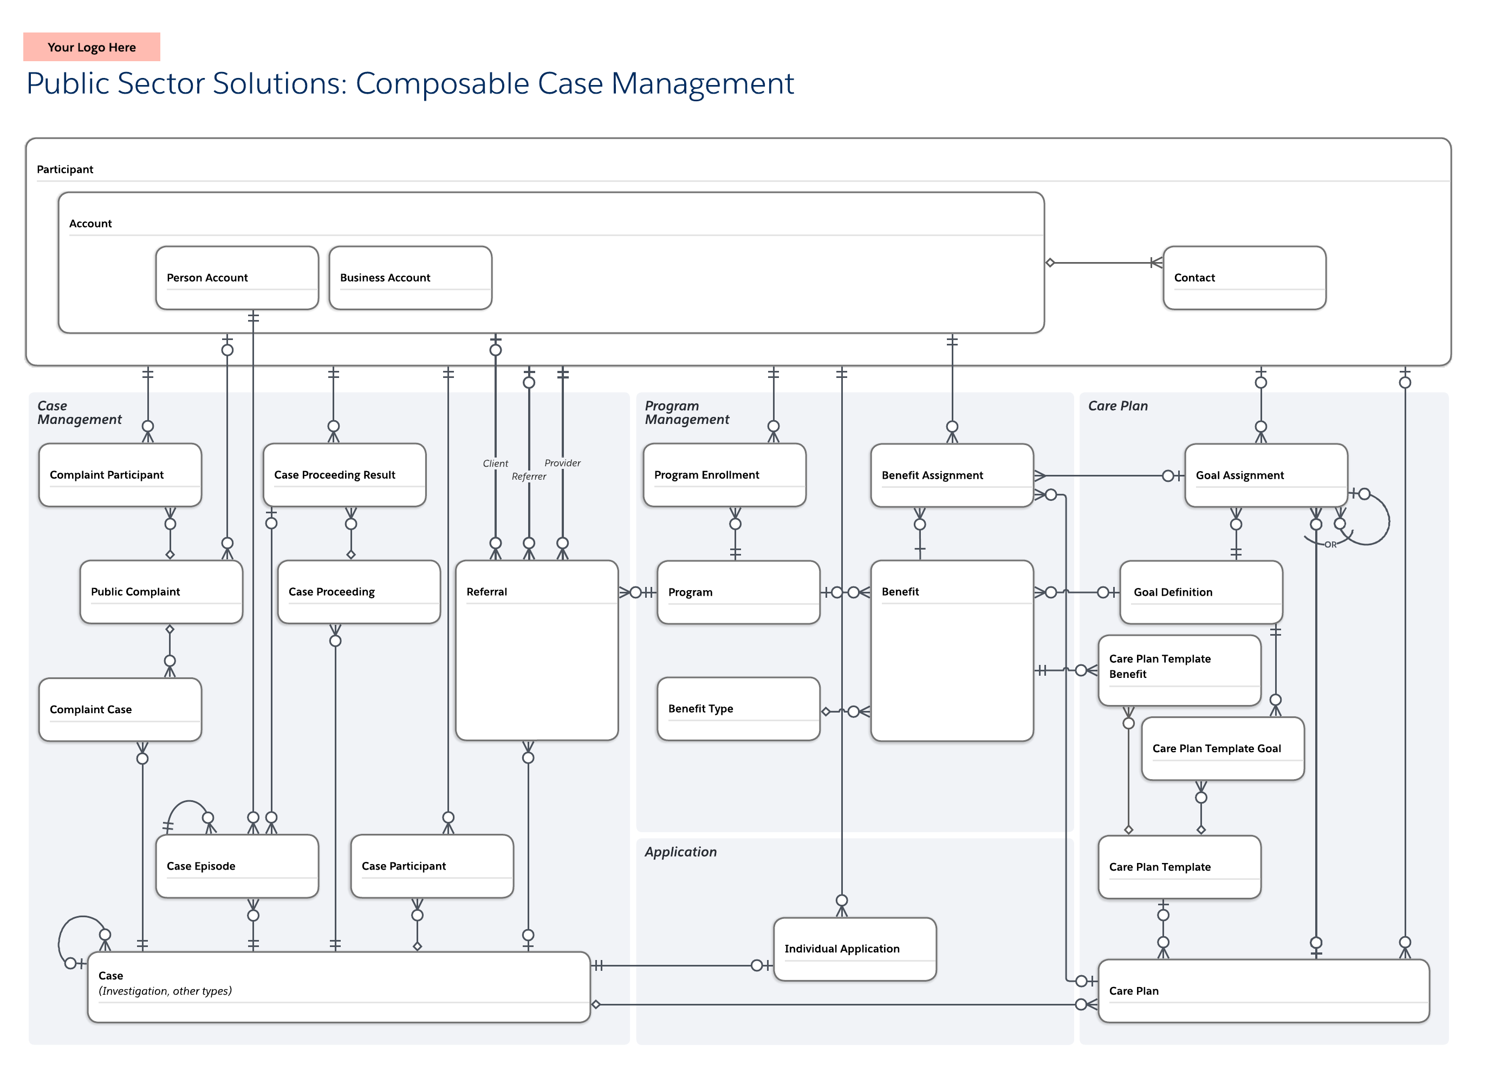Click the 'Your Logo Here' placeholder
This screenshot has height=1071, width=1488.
(x=92, y=47)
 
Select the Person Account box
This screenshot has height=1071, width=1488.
(x=237, y=278)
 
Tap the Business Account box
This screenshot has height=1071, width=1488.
(x=411, y=278)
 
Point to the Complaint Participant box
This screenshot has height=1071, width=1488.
(x=120, y=475)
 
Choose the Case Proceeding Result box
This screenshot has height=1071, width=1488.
(x=345, y=475)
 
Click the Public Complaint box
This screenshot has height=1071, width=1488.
(x=161, y=592)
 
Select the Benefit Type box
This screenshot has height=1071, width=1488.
(x=739, y=709)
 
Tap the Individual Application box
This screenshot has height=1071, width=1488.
(x=855, y=949)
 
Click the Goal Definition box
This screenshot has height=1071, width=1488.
(x=1201, y=592)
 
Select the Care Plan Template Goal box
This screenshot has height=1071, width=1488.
(x=1223, y=749)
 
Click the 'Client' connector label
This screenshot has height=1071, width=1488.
(x=495, y=463)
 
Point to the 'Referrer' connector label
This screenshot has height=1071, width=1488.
(x=529, y=477)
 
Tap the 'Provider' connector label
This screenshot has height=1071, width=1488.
(x=562, y=463)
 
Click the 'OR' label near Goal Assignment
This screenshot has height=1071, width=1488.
(x=1330, y=545)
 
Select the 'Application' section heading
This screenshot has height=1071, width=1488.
(x=680, y=852)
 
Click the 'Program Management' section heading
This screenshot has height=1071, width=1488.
(x=686, y=413)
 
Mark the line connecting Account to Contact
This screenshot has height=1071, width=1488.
(x=1102, y=263)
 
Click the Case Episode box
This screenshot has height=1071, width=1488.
(x=237, y=866)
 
